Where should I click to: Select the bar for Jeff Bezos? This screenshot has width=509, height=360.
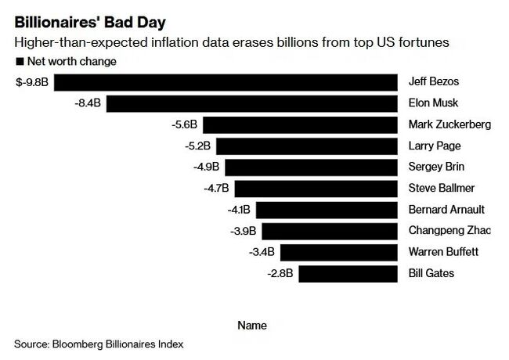click(225, 82)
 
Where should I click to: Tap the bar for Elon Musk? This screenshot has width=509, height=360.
click(252, 103)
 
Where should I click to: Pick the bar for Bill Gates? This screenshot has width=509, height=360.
click(348, 273)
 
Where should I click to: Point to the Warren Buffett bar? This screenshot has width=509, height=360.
click(339, 252)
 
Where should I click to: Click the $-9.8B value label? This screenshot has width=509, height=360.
click(31, 82)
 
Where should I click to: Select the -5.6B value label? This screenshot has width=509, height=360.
click(184, 124)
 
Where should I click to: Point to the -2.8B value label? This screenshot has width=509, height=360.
click(280, 273)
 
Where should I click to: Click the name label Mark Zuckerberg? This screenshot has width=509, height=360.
click(449, 124)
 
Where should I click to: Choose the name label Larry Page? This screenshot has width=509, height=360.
click(435, 146)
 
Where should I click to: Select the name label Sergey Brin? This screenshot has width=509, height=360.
click(437, 167)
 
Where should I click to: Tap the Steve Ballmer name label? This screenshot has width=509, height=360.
click(441, 188)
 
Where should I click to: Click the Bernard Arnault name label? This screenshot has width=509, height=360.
click(446, 210)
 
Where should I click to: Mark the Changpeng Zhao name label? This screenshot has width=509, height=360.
click(449, 231)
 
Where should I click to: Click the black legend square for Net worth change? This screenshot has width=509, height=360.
click(19, 61)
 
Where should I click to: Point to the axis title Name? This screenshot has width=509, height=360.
click(252, 326)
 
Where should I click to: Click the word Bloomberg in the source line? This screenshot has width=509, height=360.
click(83, 344)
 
